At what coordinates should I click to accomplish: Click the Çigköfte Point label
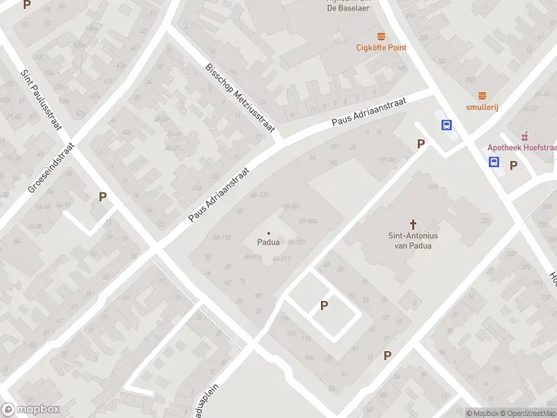pyautogui.click(x=381, y=47)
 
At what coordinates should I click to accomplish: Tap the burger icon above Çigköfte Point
pyautogui.click(x=381, y=36)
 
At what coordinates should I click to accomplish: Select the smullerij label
pyautogui.click(x=481, y=107)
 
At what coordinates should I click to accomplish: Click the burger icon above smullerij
pyautogui.click(x=481, y=95)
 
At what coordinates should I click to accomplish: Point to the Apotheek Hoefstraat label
pyautogui.click(x=521, y=147)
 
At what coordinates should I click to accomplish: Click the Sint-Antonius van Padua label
pyautogui.click(x=414, y=240)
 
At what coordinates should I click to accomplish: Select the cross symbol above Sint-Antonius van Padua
pyautogui.click(x=414, y=224)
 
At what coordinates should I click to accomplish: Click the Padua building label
pyautogui.click(x=269, y=242)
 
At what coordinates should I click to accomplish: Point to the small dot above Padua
pyautogui.click(x=269, y=233)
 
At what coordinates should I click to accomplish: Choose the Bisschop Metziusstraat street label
pyautogui.click(x=240, y=97)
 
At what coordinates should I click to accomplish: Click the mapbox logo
pyautogui.click(x=31, y=410)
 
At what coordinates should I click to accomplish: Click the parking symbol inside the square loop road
pyautogui.click(x=324, y=305)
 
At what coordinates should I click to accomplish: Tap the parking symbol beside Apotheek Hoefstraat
pyautogui.click(x=514, y=165)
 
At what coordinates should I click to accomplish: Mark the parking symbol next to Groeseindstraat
pyautogui.click(x=102, y=196)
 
